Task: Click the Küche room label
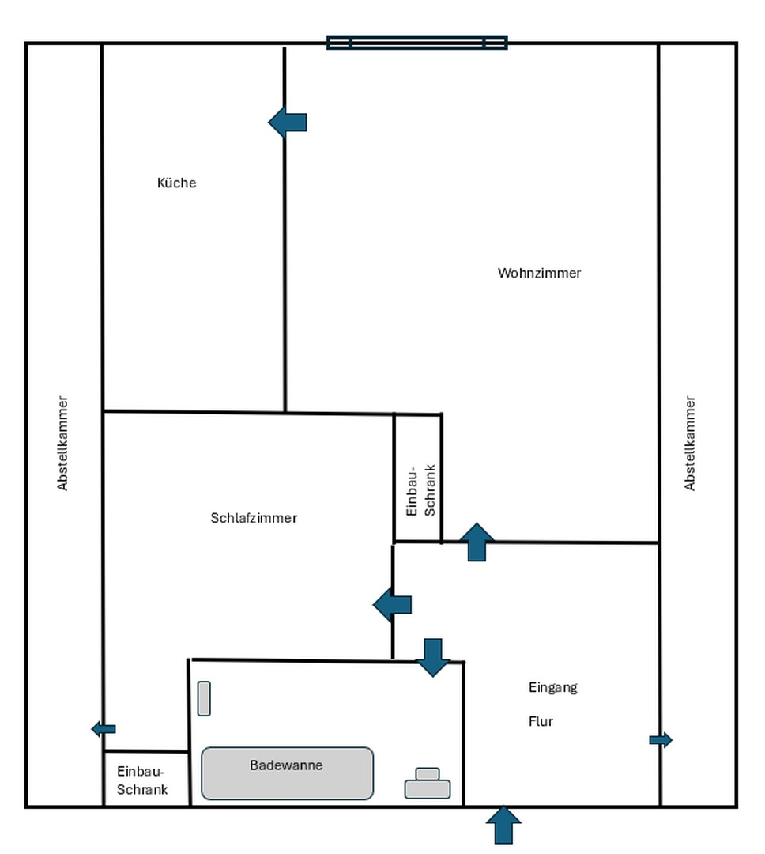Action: pos(176,183)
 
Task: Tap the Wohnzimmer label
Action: pos(539,273)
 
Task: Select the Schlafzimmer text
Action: pos(254,518)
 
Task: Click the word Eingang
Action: pos(552,688)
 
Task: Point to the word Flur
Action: pos(541,722)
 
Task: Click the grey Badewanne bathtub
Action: pos(287,773)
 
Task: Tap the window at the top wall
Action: pos(417,43)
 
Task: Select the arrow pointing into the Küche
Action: pos(288,122)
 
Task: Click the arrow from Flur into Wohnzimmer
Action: pos(477,542)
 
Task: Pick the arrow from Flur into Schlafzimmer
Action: pos(392,605)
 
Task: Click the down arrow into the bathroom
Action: pos(433,657)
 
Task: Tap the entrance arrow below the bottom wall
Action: pos(503,826)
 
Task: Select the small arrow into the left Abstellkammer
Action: pos(104,729)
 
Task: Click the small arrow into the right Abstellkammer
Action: pos(661,740)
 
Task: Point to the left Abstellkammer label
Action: pos(62,444)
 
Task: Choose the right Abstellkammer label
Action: pos(689,444)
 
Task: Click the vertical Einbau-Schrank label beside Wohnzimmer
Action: pos(420,490)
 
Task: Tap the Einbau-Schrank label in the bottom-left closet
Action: pos(141,780)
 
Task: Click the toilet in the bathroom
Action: pos(428,784)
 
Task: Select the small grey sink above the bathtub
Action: pos(204,698)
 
